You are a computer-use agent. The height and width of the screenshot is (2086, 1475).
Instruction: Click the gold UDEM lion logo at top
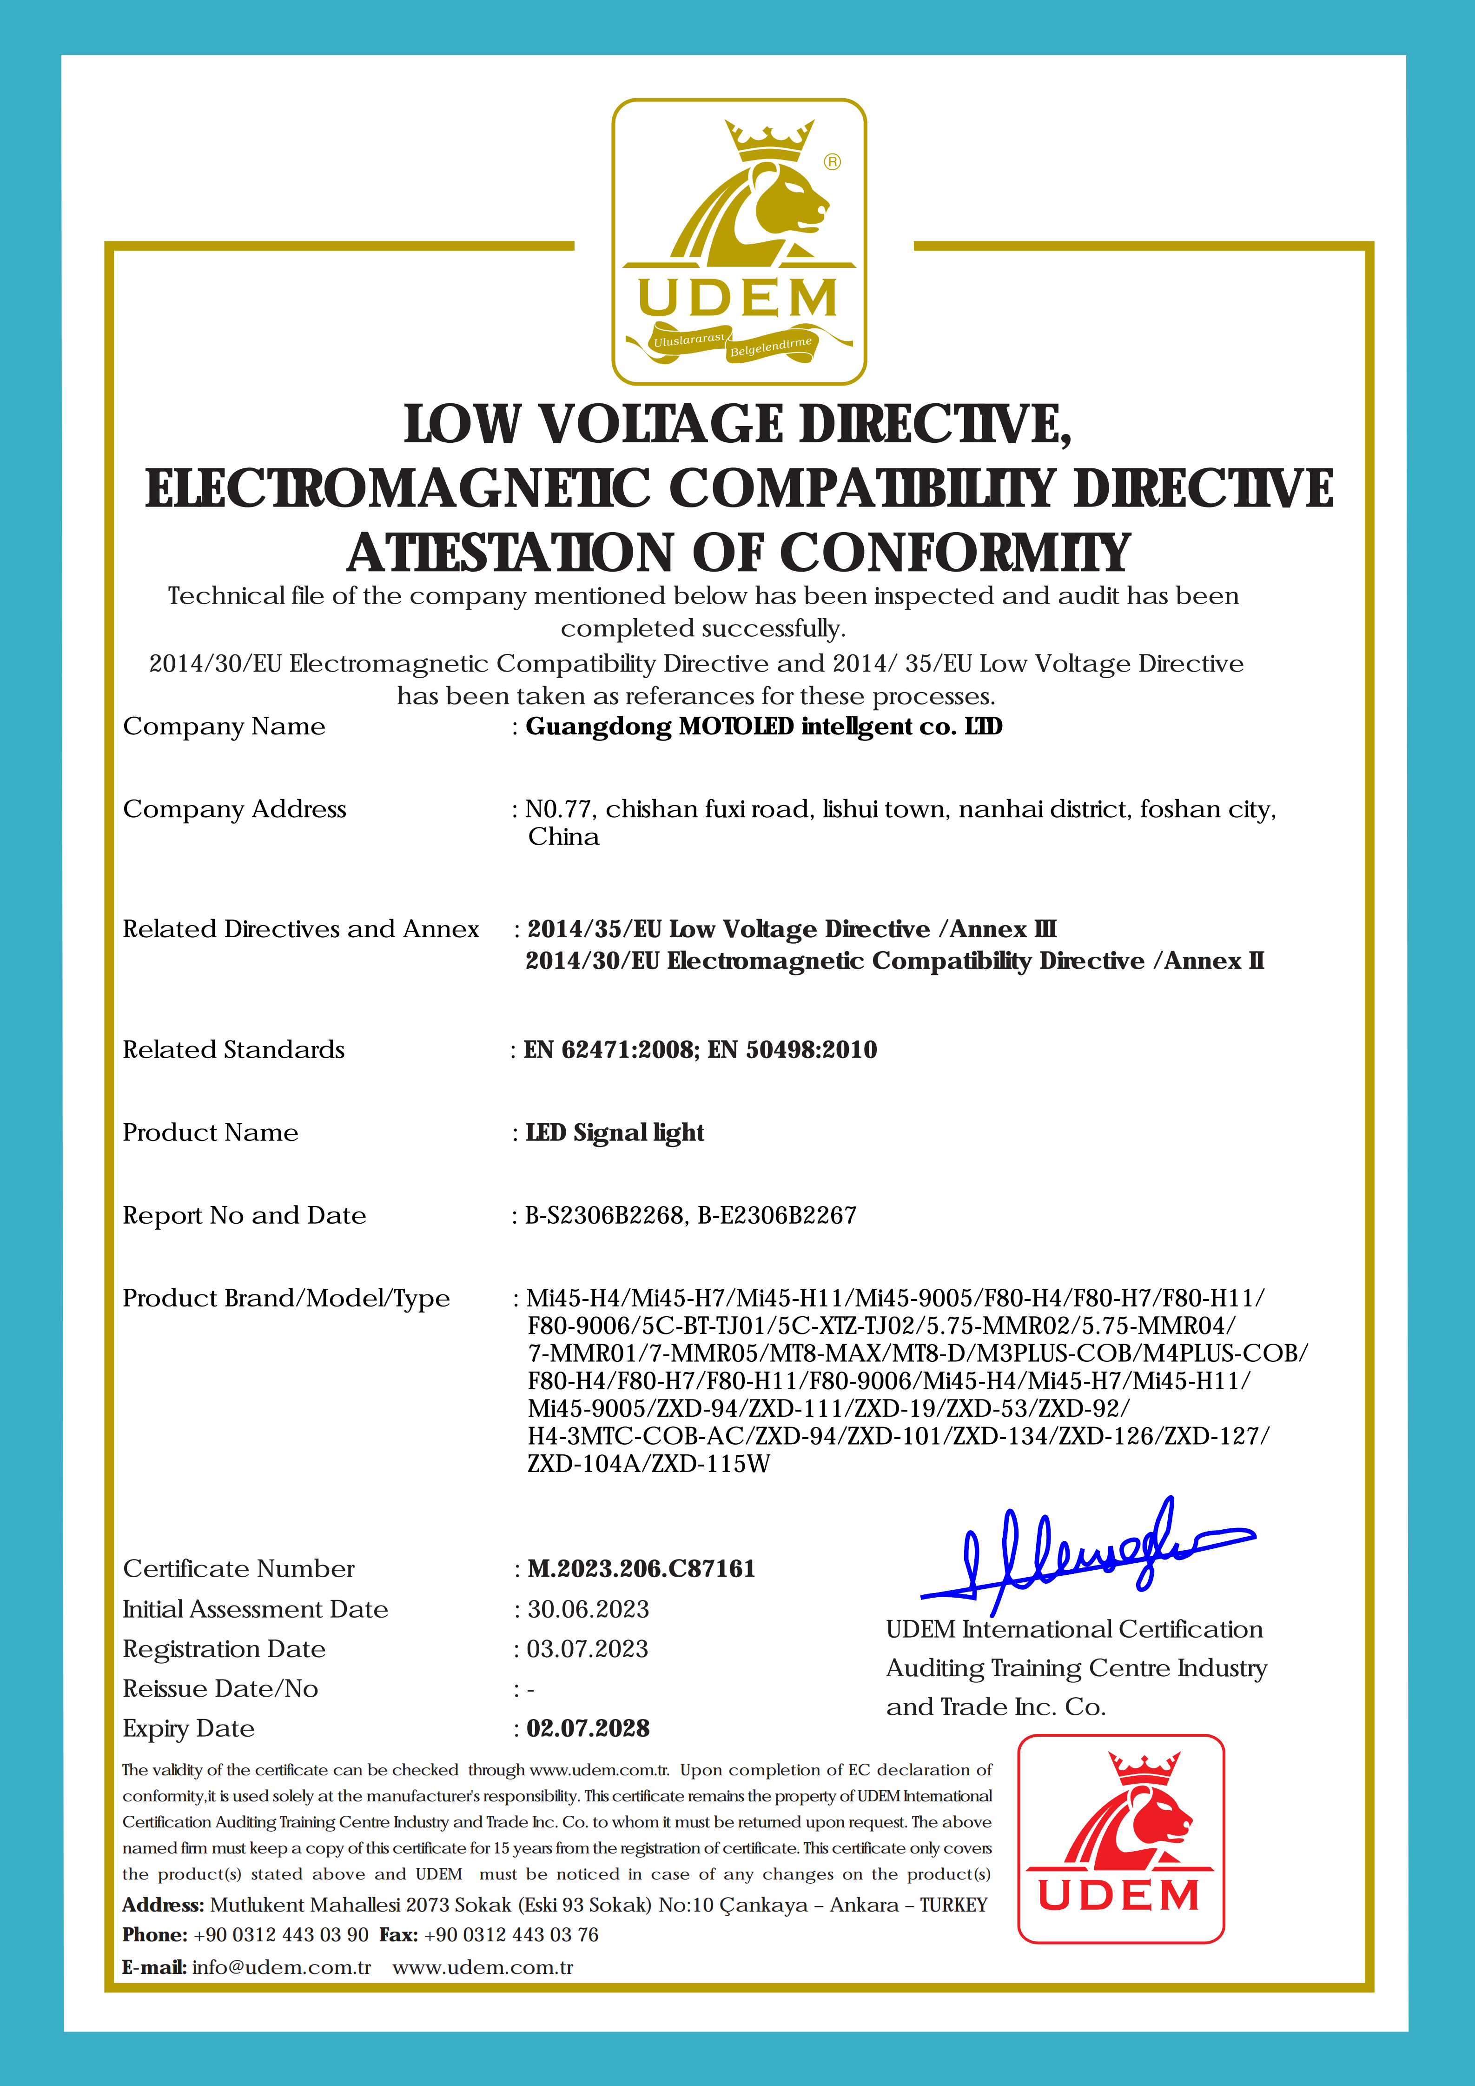click(x=738, y=241)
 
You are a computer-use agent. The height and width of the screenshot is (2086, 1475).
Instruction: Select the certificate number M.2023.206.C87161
click(x=641, y=1569)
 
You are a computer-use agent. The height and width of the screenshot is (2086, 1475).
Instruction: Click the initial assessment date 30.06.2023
click(x=588, y=1609)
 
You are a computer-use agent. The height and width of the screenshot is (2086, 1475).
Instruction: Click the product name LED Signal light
click(x=615, y=1133)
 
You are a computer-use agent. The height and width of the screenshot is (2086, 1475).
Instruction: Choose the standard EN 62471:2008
click(x=610, y=1050)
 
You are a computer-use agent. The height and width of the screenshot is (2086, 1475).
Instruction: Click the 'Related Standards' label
click(x=233, y=1050)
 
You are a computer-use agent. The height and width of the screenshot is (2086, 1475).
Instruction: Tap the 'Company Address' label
click(x=234, y=809)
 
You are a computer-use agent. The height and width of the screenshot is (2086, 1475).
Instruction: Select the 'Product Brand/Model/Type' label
click(x=286, y=1298)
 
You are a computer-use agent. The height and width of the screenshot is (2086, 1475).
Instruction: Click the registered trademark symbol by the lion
click(x=832, y=162)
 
